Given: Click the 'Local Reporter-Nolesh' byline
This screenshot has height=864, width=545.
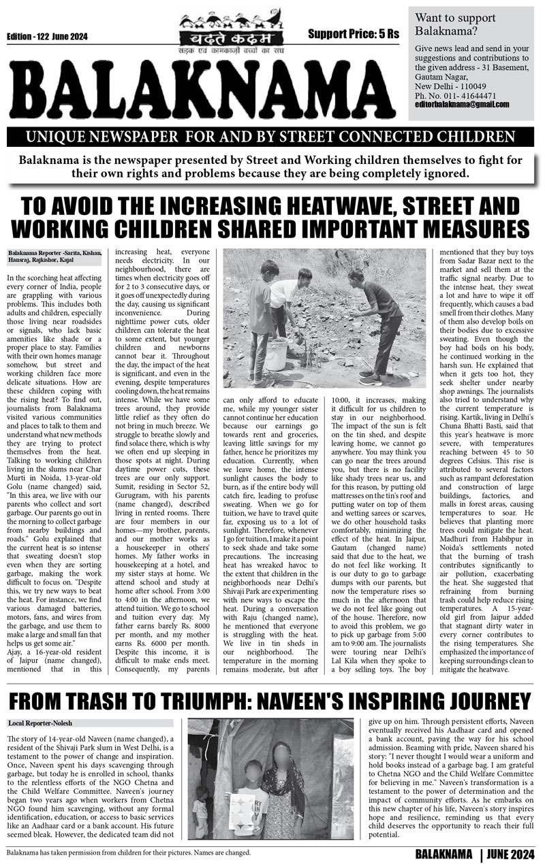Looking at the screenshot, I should [41, 703].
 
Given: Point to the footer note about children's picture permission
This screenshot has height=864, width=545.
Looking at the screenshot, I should [129, 852].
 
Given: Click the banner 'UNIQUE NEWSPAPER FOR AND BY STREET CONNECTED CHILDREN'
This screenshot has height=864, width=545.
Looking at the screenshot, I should [270, 137].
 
